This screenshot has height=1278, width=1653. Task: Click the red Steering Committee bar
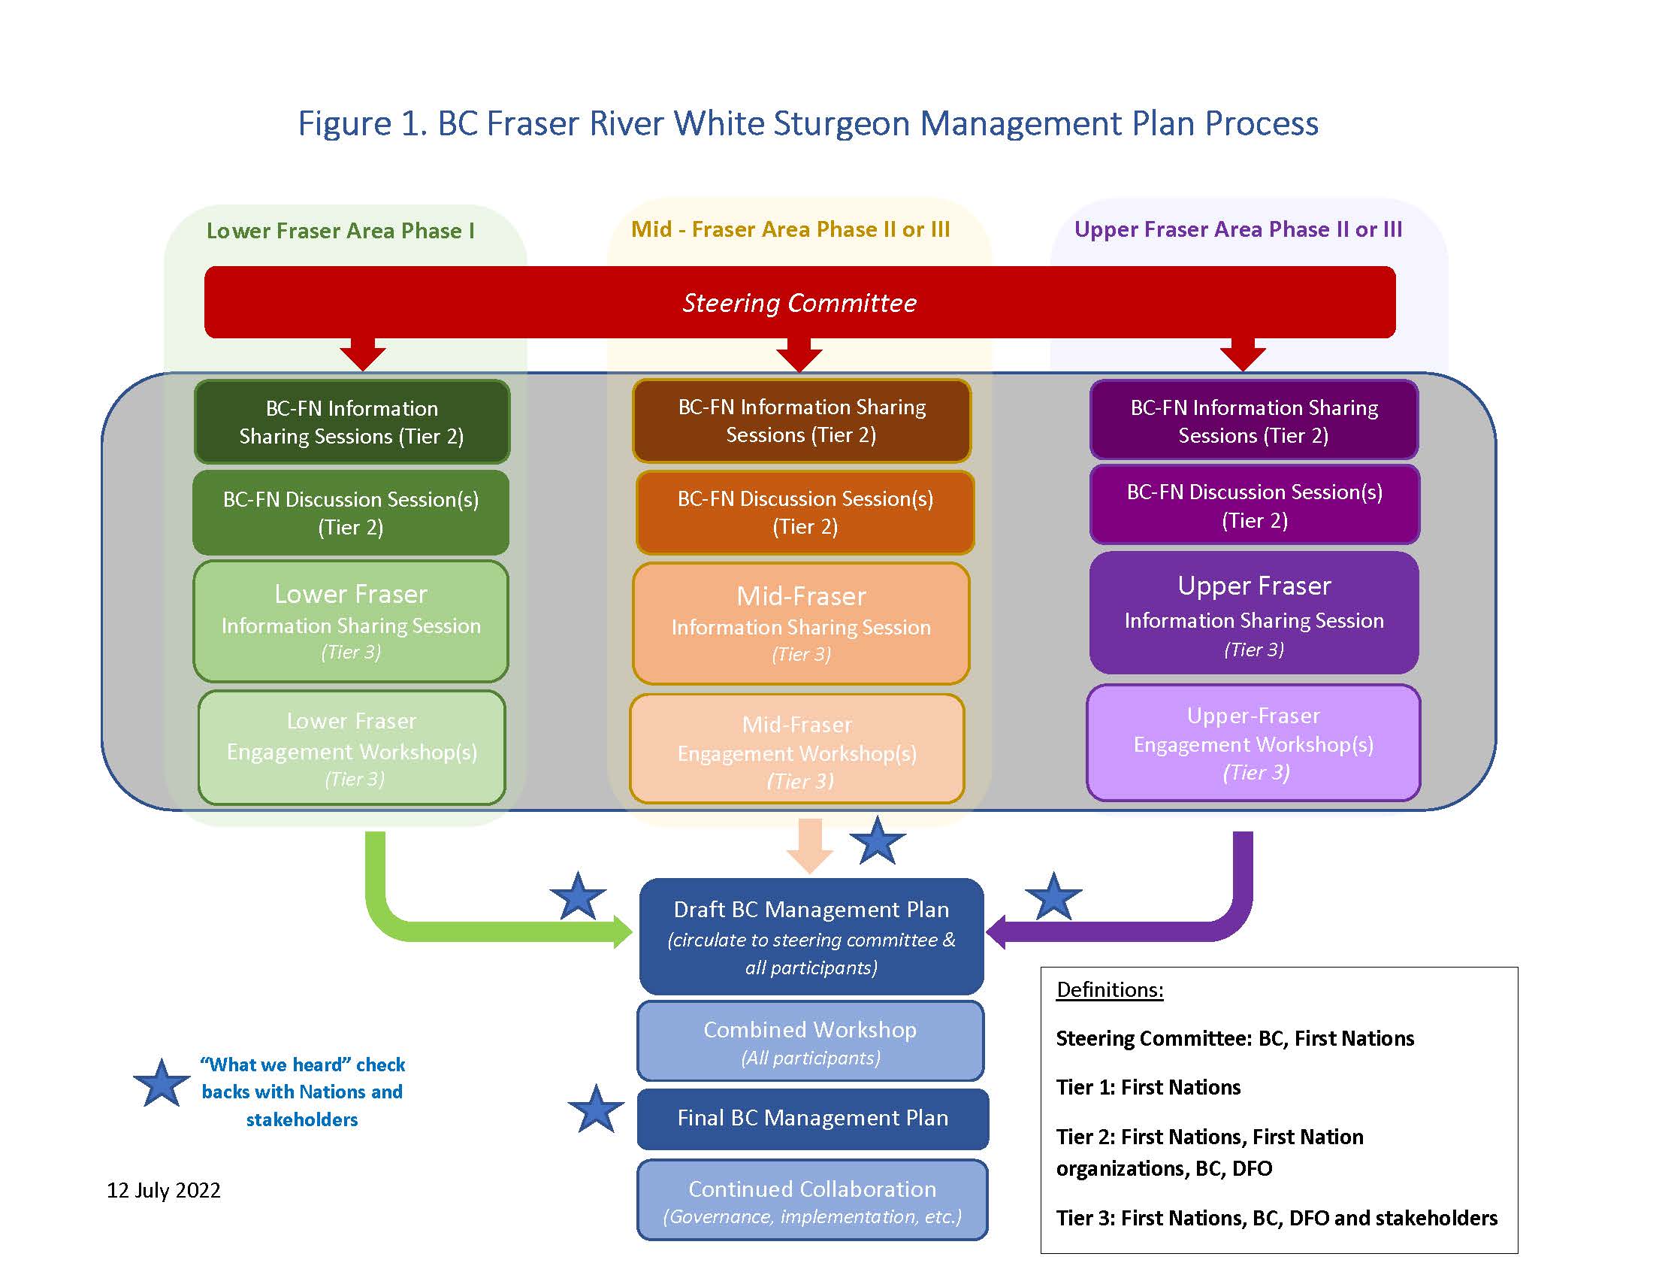pos(799,302)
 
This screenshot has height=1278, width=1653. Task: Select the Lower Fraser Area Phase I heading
pos(340,230)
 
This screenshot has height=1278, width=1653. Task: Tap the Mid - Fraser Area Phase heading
pos(790,229)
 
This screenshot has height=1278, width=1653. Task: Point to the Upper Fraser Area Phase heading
pos(1237,229)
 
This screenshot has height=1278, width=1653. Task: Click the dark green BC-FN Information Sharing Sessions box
pos(351,422)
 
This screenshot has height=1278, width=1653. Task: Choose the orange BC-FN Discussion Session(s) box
pos(805,513)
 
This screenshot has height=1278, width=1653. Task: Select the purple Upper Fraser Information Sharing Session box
pos(1253,614)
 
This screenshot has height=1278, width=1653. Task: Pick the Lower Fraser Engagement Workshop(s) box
pos(351,748)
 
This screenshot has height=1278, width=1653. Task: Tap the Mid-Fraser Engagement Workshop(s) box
pos(797,750)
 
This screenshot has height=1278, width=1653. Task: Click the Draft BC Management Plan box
pos(811,937)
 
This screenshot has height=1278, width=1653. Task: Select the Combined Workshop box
pos(810,1041)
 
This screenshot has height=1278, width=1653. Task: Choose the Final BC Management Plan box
pos(812,1119)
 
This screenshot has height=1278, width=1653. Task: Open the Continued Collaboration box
pos(812,1200)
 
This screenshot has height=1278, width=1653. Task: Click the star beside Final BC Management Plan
pos(596,1110)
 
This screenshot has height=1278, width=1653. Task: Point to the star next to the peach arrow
pos(877,842)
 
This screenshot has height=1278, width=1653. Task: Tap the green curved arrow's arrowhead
pos(623,931)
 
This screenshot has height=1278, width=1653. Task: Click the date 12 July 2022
pos(164,1190)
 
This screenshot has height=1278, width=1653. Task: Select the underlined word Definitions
pos(1109,989)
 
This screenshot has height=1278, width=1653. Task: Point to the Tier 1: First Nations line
pos(1147,1087)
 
